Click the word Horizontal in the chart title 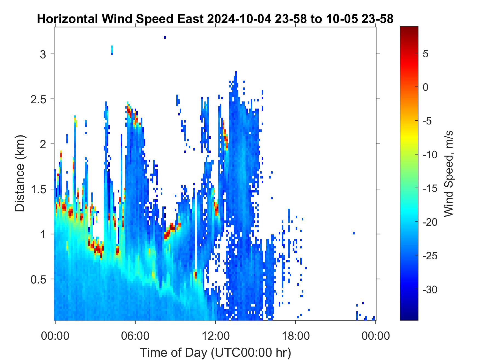[x=67, y=19]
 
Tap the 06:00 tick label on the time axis [x=135, y=336]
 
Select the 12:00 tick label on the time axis [x=215, y=336]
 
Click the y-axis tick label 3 [x=43, y=54]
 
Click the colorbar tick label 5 [x=426, y=54]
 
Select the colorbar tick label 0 [x=426, y=87]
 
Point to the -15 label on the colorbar [x=430, y=189]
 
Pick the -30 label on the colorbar [x=430, y=290]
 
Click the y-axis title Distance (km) [x=20, y=173]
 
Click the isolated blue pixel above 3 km [x=165, y=37]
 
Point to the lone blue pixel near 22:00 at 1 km [x=354, y=233]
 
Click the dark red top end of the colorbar [x=409, y=28]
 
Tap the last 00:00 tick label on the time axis [x=375, y=336]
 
